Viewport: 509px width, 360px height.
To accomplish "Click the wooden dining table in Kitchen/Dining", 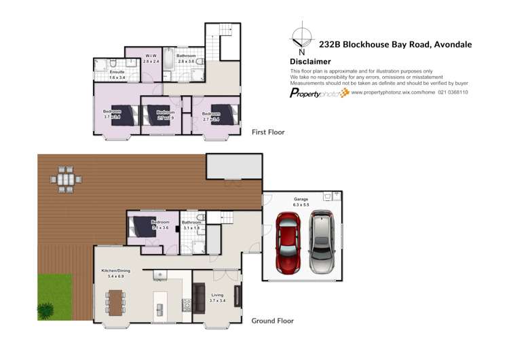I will click(x=115, y=300).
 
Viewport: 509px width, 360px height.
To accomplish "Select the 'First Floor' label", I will click(x=268, y=132).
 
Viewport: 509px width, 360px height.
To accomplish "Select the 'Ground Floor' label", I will click(x=273, y=320).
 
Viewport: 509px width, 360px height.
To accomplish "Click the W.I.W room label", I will click(x=151, y=56).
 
